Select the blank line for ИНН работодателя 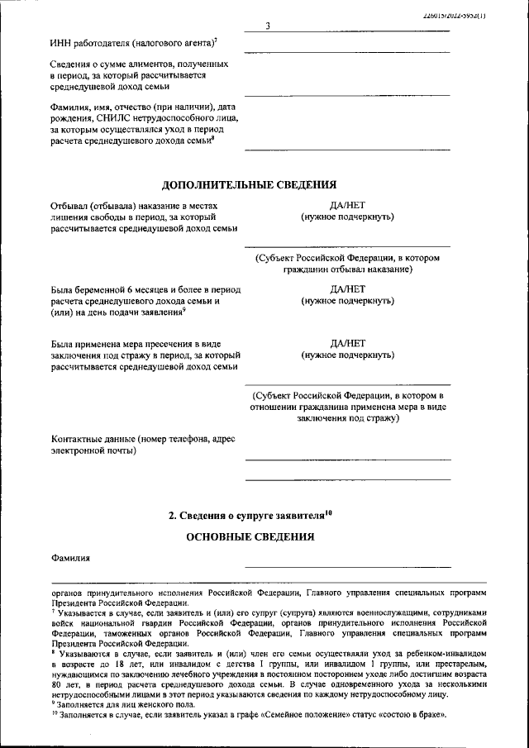(x=347, y=53)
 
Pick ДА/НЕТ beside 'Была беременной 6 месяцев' (x=347, y=290)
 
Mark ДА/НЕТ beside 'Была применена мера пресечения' (x=347, y=344)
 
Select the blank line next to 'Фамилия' (x=347, y=567)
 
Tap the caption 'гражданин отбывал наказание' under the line (x=347, y=269)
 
